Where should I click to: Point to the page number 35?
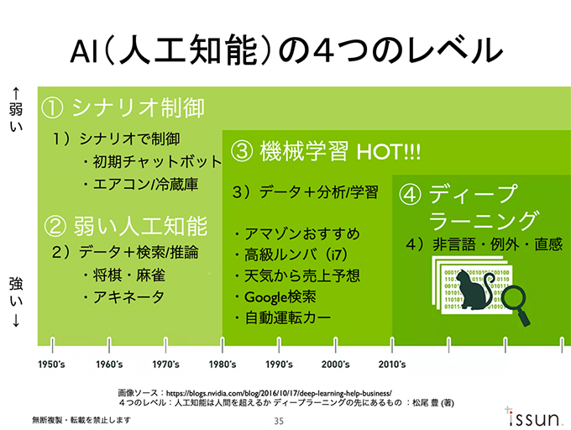tap(280, 420)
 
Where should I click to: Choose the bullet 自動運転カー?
tap(283, 318)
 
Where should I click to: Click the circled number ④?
tap(411, 196)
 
